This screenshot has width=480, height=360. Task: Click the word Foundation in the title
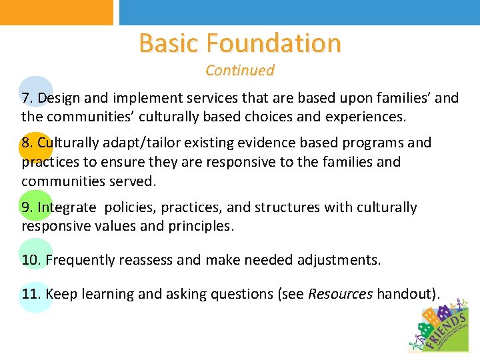pos(274,43)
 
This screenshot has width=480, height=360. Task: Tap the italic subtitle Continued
pos(240,70)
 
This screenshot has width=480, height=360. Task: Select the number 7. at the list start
pos(28,98)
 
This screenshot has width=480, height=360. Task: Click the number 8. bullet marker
pos(28,143)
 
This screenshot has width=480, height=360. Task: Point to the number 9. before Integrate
pos(28,207)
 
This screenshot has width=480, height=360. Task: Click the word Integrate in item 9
pos(67,207)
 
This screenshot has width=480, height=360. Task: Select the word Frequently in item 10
pos(79,259)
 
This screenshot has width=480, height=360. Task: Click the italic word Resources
pos(340,294)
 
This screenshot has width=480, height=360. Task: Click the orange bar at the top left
pos(57,12)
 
